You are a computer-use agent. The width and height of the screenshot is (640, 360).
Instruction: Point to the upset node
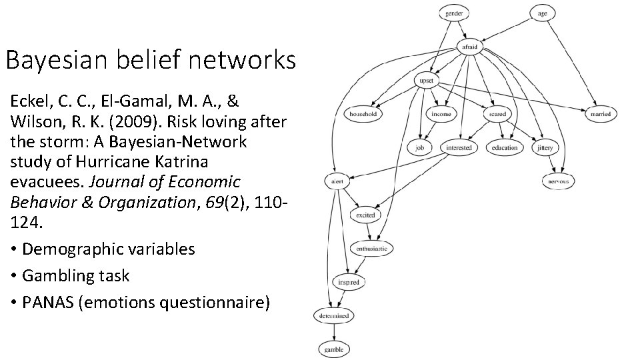pyautogui.click(x=425, y=81)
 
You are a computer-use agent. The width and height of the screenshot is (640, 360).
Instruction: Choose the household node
pyautogui.click(x=363, y=114)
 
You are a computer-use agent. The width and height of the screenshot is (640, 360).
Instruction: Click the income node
pyautogui.click(x=441, y=114)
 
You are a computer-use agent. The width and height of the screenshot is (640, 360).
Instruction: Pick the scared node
pyautogui.click(x=497, y=114)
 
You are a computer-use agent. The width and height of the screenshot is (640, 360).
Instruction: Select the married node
pyautogui.click(x=600, y=114)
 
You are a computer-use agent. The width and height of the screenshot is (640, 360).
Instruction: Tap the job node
pyautogui.click(x=420, y=147)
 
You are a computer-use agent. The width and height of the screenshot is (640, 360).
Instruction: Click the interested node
pyautogui.click(x=459, y=147)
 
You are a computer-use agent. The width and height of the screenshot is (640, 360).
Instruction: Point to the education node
pyautogui.click(x=504, y=147)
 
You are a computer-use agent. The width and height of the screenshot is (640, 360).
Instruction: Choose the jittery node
pyautogui.click(x=545, y=147)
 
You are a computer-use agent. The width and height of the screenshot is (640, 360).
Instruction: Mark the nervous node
pyautogui.click(x=558, y=181)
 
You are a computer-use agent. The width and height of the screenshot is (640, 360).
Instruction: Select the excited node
pyautogui.click(x=365, y=215)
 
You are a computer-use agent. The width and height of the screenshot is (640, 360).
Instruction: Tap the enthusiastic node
pyautogui.click(x=371, y=248)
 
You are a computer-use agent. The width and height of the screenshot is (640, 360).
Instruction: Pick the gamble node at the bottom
pyautogui.click(x=333, y=349)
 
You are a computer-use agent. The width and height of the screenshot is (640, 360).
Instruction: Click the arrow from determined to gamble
pyautogui.click(x=333, y=332)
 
